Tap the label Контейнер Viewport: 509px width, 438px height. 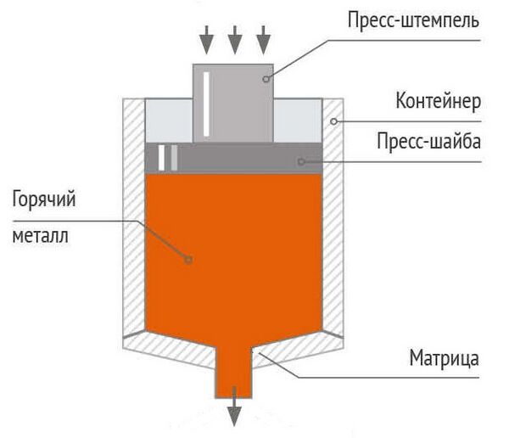pyautogui.click(x=438, y=102)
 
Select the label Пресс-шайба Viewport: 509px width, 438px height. pyautogui.click(x=429, y=141)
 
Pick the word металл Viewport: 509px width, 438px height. pyautogui.click(x=40, y=235)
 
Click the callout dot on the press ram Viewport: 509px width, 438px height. pyautogui.click(x=266, y=79)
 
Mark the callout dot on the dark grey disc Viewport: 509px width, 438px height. pyautogui.click(x=299, y=160)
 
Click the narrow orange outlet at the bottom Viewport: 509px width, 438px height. pyautogui.click(x=235, y=374)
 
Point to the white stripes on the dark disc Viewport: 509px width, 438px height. pyautogui.click(x=168, y=158)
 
